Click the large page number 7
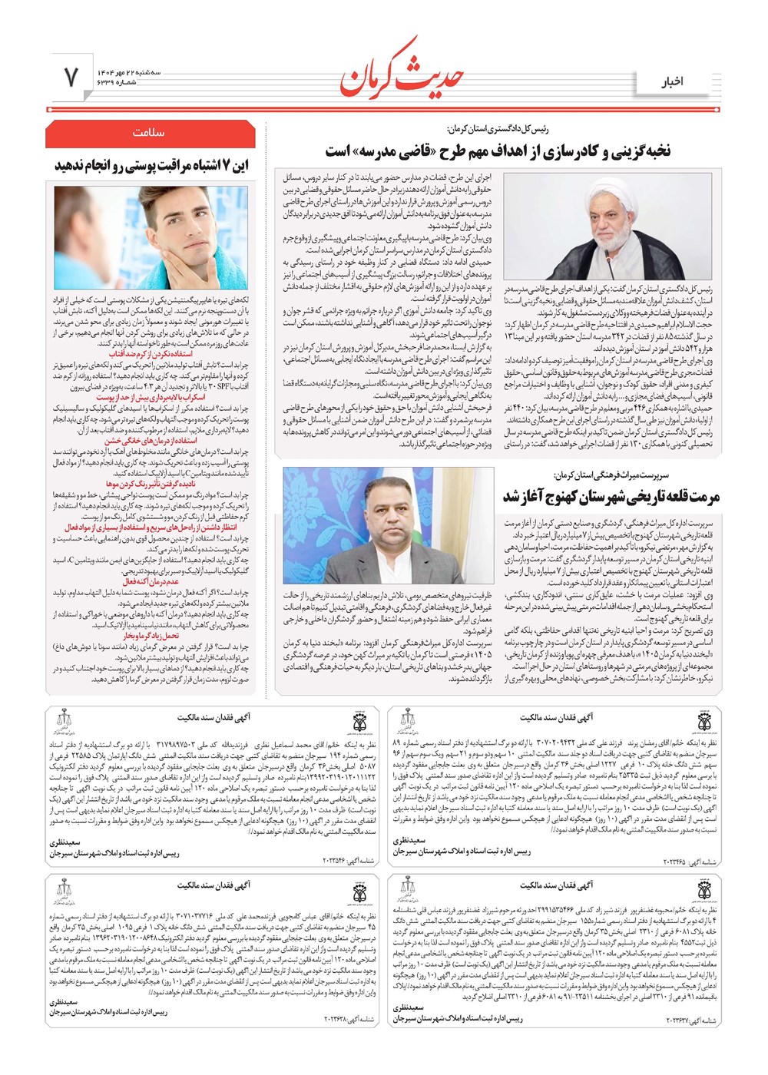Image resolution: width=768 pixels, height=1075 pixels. click(71, 77)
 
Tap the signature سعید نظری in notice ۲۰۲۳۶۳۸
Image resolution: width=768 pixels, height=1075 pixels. click(65, 1003)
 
